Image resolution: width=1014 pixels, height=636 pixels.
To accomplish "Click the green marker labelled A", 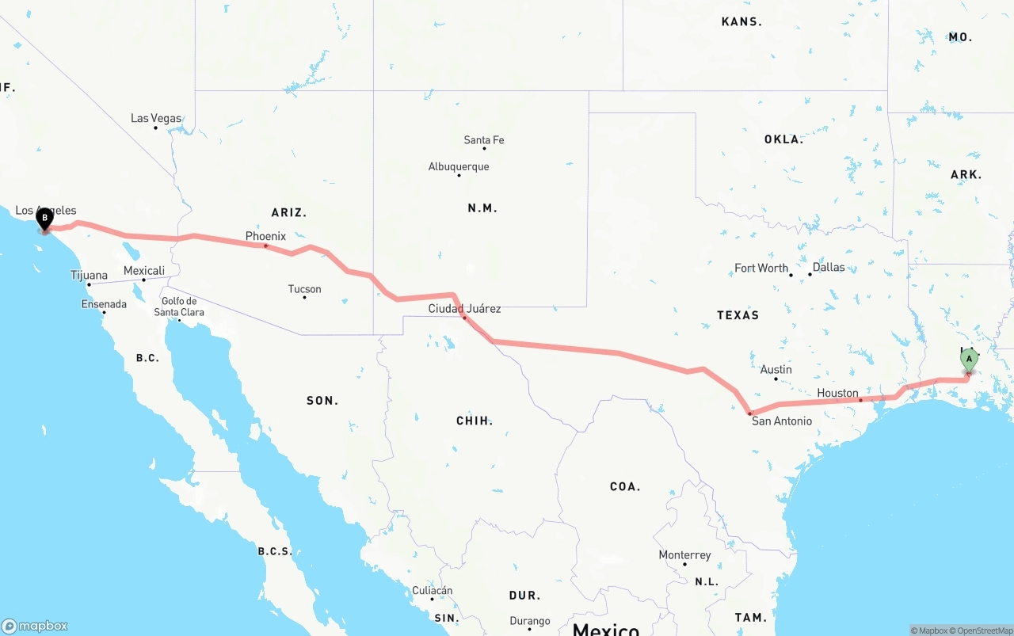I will pos(969,360).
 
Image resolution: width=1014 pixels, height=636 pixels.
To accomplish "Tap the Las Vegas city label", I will pos(156,118).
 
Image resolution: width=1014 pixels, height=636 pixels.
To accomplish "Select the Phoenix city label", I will pos(265,236).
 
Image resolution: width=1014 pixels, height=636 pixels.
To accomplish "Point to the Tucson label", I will pos(305,289).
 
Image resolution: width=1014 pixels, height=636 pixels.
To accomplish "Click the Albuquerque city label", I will pos(459,166).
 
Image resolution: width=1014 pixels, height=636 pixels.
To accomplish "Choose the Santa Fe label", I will pos(484,140).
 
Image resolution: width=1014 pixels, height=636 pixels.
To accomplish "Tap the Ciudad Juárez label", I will pos(464,308).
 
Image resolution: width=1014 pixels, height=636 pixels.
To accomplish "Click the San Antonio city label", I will pos(782,421).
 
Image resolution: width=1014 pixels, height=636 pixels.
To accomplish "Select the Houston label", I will pos(837,393).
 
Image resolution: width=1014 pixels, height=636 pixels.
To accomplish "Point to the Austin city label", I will pos(776,369).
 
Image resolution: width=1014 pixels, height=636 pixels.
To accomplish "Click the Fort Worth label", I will pos(761,268).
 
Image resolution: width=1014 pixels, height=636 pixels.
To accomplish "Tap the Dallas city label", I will pos(829,267).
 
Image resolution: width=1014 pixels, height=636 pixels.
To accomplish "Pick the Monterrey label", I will pos(684,554).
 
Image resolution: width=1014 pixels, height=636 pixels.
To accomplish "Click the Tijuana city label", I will pos(89,276).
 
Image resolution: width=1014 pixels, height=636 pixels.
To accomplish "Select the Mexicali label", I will pos(144,271).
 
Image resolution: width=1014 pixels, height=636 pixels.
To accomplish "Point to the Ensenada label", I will pos(104,304).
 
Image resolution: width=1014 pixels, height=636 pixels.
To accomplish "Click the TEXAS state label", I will pos(738,315).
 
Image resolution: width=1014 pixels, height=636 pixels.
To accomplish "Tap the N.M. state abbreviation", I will pos(482,208).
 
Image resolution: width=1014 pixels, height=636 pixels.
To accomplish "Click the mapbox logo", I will pos(35,626).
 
